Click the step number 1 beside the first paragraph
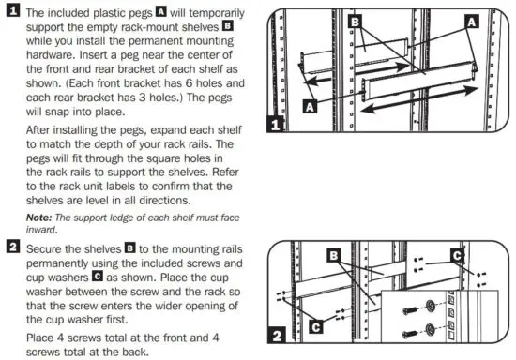coord(10,13)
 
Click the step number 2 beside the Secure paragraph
coord(10,247)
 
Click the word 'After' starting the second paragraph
coord(41,133)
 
